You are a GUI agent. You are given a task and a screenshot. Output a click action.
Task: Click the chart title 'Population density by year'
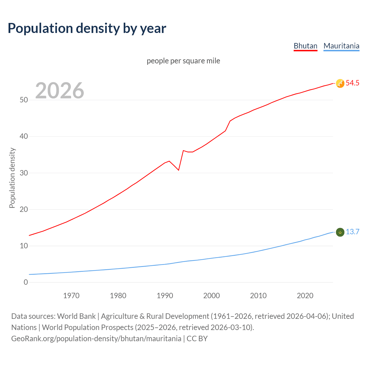(87, 28)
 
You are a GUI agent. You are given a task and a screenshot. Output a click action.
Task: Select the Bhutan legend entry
(305, 46)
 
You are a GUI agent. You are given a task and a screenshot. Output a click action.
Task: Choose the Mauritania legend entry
(341, 46)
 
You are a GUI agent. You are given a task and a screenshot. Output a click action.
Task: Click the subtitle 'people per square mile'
(183, 61)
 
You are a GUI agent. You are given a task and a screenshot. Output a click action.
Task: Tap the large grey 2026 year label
(60, 91)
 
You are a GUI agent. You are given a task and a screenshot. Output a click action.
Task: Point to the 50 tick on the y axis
(24, 100)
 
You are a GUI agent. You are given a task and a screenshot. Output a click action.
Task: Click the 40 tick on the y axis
(24, 136)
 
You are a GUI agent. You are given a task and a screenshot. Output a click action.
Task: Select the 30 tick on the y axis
(24, 173)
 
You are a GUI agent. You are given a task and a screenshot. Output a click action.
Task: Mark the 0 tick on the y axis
(26, 282)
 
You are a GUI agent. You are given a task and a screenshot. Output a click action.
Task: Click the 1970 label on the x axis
(71, 296)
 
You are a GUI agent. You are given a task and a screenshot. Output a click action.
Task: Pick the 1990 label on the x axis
(165, 296)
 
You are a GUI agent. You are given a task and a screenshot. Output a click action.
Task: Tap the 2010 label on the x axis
(258, 296)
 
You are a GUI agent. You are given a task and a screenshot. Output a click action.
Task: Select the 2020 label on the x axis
(305, 296)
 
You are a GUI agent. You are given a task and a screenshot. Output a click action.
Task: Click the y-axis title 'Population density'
(12, 178)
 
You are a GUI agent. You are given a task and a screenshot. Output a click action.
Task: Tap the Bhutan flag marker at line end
(340, 83)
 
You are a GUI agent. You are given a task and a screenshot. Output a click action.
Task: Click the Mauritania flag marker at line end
(340, 232)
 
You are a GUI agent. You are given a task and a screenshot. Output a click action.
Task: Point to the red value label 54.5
(352, 83)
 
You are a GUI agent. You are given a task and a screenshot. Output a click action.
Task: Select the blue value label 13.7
(352, 232)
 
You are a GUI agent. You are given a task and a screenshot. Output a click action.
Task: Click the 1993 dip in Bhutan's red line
(179, 170)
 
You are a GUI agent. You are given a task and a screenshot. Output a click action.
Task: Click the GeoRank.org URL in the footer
(96, 339)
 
